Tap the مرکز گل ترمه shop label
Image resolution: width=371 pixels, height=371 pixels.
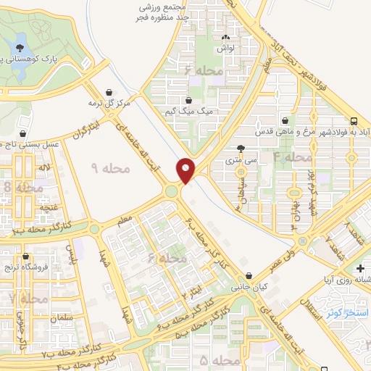(x=109, y=103)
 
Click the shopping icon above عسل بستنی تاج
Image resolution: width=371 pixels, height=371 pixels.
(x=25, y=133)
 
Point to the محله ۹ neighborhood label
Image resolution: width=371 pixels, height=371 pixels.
(x=112, y=167)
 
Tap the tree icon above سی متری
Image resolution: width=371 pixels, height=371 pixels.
(x=251, y=147)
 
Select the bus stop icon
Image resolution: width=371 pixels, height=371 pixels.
(x=354, y=121)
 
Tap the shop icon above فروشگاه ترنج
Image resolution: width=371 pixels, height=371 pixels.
(x=26, y=257)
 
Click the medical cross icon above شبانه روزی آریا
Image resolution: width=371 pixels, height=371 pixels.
(x=360, y=268)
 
